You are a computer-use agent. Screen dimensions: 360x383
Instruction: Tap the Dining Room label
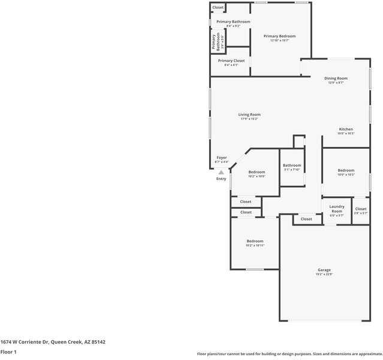click(x=336, y=79)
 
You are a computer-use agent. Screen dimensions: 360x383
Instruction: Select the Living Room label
click(x=249, y=115)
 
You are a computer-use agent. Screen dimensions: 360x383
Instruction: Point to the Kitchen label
click(x=346, y=130)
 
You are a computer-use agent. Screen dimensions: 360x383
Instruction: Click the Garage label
click(x=324, y=270)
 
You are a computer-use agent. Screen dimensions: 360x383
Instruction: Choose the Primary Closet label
click(x=231, y=61)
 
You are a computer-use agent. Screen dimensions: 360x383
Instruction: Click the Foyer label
click(x=222, y=158)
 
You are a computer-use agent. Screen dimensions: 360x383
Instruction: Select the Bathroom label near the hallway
click(x=292, y=166)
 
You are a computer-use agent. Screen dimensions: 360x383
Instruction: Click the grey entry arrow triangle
click(x=221, y=172)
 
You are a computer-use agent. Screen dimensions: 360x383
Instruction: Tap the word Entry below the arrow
click(x=221, y=179)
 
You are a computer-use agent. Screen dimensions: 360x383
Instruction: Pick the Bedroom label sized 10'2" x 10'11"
click(x=255, y=241)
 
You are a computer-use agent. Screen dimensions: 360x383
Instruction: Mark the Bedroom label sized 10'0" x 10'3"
click(x=346, y=170)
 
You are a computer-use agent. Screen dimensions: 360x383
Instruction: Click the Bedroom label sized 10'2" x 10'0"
click(x=257, y=172)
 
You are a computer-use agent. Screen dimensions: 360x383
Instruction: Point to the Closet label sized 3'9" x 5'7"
click(x=360, y=209)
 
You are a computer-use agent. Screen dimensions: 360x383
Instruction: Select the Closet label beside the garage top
click(x=306, y=219)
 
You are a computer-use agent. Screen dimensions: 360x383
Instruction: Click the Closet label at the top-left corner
click(x=218, y=7)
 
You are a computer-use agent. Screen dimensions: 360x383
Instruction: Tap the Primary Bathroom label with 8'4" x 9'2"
click(x=233, y=22)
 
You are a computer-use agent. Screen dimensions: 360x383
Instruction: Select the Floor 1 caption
click(x=8, y=352)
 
